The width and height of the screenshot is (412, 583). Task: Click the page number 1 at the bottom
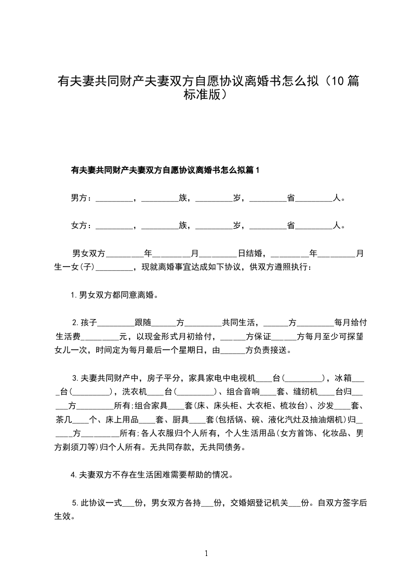207,553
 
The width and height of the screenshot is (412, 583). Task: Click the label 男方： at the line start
82,198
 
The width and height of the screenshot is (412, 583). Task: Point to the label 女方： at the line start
82,226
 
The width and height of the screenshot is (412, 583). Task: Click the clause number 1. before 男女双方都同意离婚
74,295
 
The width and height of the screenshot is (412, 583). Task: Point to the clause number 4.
74,474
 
